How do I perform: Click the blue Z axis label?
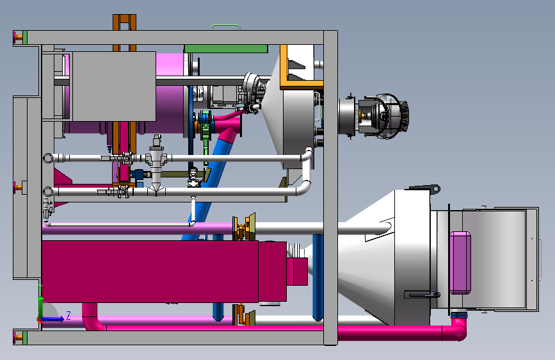(x=68, y=315)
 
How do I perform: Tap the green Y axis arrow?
(x=41, y=301)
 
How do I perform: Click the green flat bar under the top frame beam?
(x=226, y=49)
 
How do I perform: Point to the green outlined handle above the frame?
(x=226, y=26)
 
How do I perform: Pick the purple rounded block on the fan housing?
(x=460, y=263)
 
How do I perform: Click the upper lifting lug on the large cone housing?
(x=426, y=189)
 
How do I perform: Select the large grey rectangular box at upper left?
(x=113, y=86)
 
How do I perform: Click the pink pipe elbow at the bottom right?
(x=459, y=329)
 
